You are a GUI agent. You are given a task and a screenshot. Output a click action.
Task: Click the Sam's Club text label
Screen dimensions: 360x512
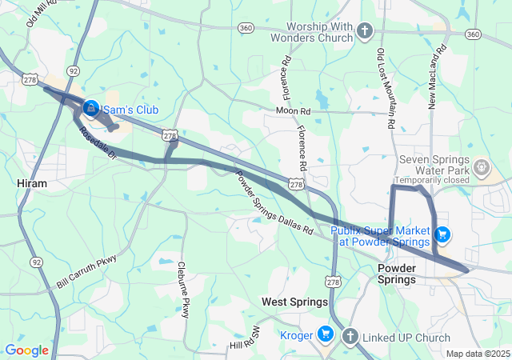[132, 110]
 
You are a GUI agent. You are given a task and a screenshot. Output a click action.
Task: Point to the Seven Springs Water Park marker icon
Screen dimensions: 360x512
[482, 168]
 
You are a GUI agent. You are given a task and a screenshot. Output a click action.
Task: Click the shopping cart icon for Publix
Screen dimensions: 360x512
[442, 235]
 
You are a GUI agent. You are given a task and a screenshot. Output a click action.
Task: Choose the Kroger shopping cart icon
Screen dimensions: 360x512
[325, 334]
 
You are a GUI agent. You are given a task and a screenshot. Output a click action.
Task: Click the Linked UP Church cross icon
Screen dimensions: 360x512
[350, 338]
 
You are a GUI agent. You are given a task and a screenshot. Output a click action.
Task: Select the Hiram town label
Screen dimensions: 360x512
[32, 183]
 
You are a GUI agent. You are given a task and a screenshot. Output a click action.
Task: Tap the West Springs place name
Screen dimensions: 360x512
[295, 302]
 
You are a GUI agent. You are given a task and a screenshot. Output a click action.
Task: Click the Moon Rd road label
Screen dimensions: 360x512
[293, 110]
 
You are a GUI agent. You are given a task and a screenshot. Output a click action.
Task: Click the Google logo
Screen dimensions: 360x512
[27, 350]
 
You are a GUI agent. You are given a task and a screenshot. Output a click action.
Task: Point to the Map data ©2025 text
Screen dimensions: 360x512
[477, 354]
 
